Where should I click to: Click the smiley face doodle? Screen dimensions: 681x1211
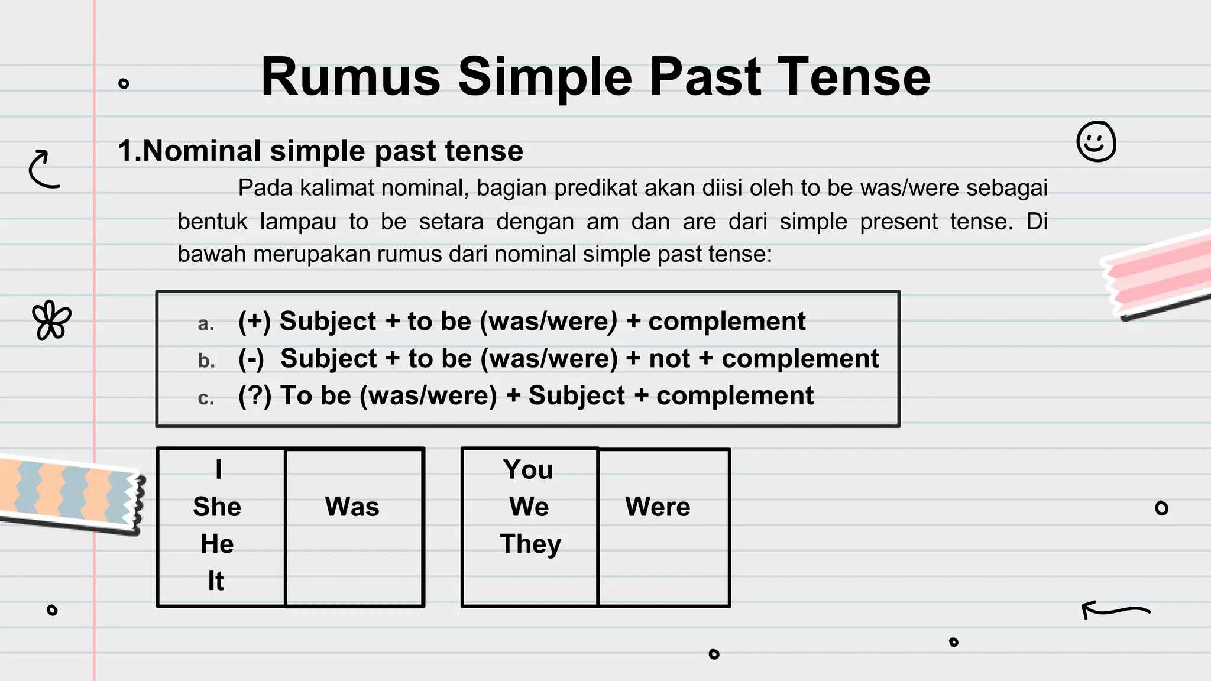pos(1096,142)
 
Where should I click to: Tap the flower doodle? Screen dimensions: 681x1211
pos(51,320)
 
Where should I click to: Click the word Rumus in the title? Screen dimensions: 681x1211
pos(351,77)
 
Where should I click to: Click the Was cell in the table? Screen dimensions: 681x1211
pos(352,507)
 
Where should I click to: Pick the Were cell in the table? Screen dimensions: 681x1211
pos(658,507)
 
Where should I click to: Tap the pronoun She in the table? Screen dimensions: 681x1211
pos(217,507)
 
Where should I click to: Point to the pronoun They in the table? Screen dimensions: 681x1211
pos(530,544)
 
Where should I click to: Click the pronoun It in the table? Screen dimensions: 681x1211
pos(216,581)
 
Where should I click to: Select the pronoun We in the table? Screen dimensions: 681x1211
pos(529,507)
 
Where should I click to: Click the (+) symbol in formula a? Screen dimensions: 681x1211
pos(254,322)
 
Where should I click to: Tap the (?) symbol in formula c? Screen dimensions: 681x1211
pos(254,396)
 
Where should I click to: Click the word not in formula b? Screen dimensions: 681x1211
pos(669,359)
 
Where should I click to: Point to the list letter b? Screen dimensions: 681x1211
pos(206,361)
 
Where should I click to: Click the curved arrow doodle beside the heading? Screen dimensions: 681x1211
pos(44,169)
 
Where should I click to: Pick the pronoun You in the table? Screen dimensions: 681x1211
pos(529,469)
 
